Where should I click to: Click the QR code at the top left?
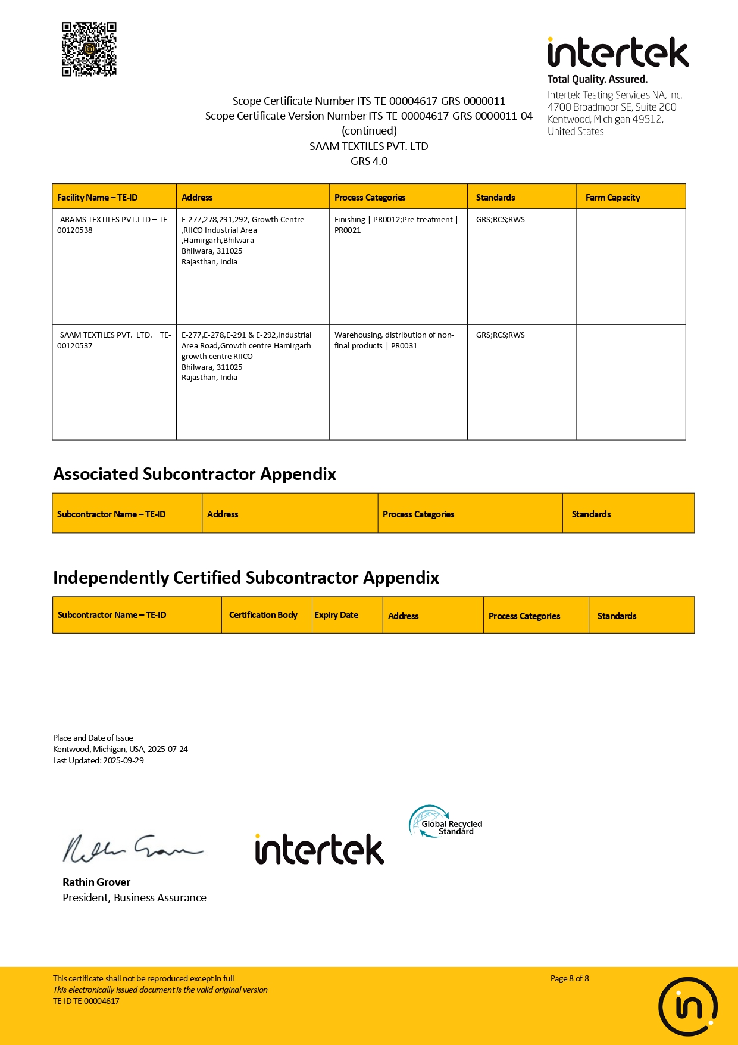[x=89, y=49]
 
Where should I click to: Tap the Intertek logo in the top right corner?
[x=618, y=53]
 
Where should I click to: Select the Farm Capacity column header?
[x=612, y=198]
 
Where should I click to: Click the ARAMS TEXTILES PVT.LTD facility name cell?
[x=114, y=224]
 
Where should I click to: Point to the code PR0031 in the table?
[x=404, y=346]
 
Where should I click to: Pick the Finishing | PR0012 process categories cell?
[x=396, y=224]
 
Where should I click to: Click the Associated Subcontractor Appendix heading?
[x=195, y=474]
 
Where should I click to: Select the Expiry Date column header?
[x=336, y=615]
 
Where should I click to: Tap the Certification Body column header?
[x=263, y=615]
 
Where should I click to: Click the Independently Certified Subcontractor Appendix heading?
[x=246, y=578]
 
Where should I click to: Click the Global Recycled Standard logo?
[x=446, y=822]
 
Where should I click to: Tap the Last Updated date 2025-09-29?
[x=123, y=760]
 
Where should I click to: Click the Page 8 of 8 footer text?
[x=570, y=978]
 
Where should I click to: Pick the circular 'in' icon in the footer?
[x=687, y=1007]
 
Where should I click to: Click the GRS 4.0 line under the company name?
[x=369, y=161]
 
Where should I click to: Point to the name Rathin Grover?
[x=96, y=882]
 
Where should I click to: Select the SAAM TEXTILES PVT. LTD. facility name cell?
[x=114, y=340]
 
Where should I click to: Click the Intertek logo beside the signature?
[x=320, y=849]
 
